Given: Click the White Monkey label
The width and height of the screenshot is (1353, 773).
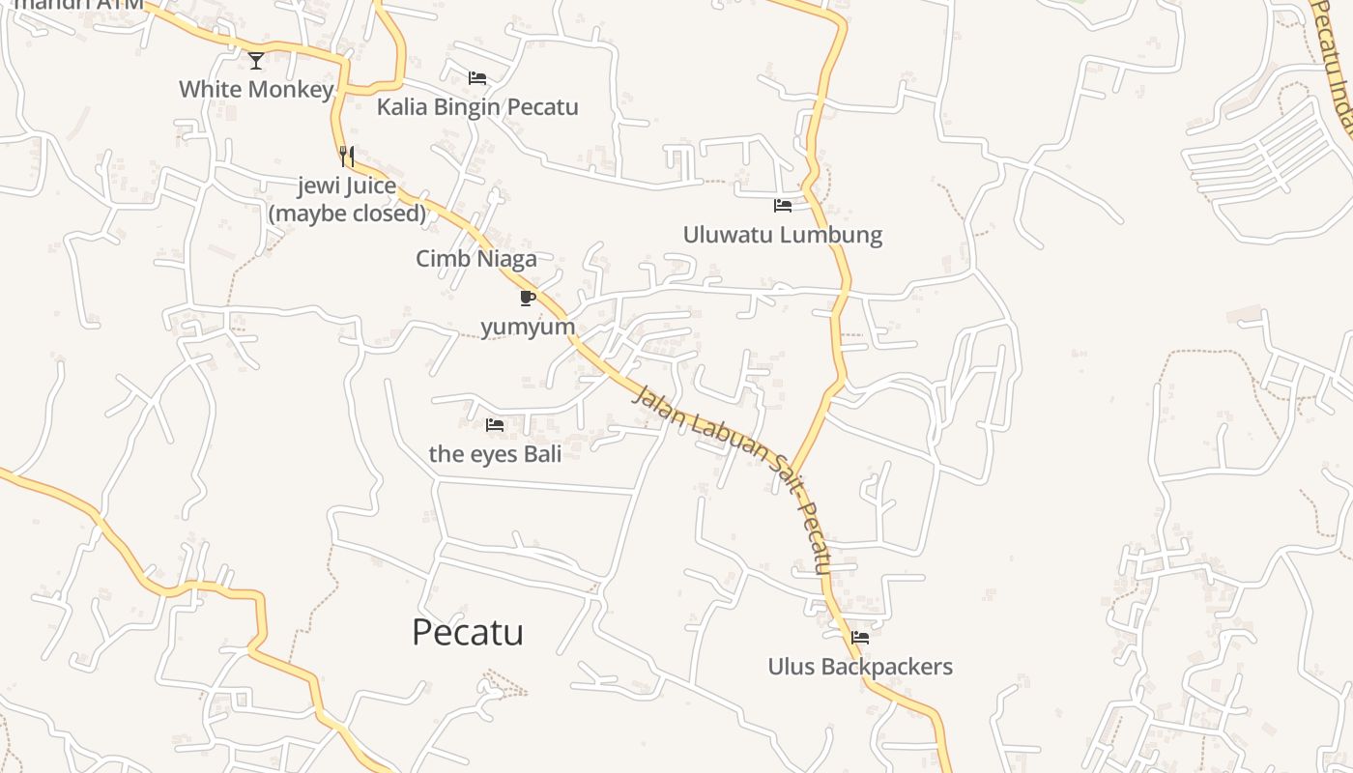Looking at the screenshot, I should coord(256,90).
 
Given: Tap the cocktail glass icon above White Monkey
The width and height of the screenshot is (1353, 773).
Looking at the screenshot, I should coord(256,61).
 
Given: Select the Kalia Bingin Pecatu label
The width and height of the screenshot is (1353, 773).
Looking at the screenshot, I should coord(477,106).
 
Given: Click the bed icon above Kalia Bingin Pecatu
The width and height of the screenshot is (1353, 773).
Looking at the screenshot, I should coord(477,78).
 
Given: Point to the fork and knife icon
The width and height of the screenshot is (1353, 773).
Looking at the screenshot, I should coord(347,156).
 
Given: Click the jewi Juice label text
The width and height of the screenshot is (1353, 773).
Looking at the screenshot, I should coord(347,186).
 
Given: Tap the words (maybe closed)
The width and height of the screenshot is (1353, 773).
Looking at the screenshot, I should coord(347,213).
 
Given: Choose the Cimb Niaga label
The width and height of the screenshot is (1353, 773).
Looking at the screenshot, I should coord(476,259).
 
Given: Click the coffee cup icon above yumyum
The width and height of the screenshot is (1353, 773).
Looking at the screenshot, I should coord(528,298).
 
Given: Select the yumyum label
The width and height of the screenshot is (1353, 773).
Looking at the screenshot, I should coord(528,327).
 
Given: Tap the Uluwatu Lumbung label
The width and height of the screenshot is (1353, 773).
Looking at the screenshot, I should coord(783,235).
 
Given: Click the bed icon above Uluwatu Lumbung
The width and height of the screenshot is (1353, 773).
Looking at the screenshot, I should coord(783,206).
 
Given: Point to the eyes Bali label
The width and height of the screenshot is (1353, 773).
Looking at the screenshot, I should coord(495,453).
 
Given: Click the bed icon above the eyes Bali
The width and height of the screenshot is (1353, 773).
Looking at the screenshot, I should coord(495,425).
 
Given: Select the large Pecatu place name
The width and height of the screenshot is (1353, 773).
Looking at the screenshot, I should coord(468,632).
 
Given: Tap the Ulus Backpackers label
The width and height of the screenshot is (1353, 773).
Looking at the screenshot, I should coord(860,667).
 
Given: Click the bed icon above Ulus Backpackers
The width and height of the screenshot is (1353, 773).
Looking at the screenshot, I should coord(860,638).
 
